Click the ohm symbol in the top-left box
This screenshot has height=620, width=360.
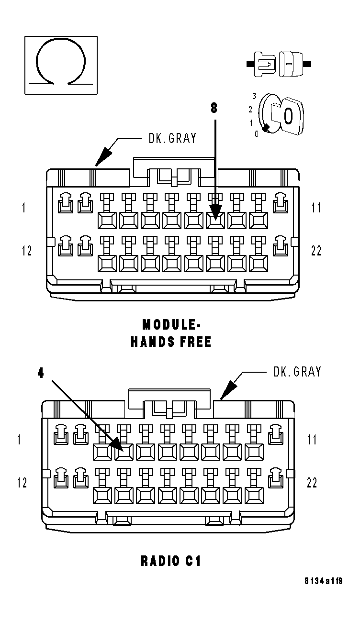click(61, 65)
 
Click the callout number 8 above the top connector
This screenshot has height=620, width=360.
click(214, 108)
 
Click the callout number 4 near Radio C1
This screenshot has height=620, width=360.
click(41, 373)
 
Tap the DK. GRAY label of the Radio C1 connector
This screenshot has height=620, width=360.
click(297, 372)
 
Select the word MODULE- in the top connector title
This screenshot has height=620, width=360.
click(171, 325)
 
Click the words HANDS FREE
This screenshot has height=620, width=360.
click(171, 343)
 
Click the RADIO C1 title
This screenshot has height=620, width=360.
click(171, 561)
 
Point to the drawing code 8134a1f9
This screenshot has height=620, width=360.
click(324, 595)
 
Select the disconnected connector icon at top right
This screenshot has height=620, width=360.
click(279, 64)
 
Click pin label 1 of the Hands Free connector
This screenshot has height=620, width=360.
click(23, 208)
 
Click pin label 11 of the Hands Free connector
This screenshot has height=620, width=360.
click(316, 208)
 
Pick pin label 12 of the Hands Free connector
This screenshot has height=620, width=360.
click(27, 250)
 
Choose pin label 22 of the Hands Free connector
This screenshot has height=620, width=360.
click(316, 250)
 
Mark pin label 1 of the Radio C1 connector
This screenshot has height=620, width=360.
click(20, 440)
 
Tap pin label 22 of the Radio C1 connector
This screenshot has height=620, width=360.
click(312, 483)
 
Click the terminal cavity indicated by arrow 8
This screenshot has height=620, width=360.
click(215, 221)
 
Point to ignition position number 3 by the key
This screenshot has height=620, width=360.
click(254, 96)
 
